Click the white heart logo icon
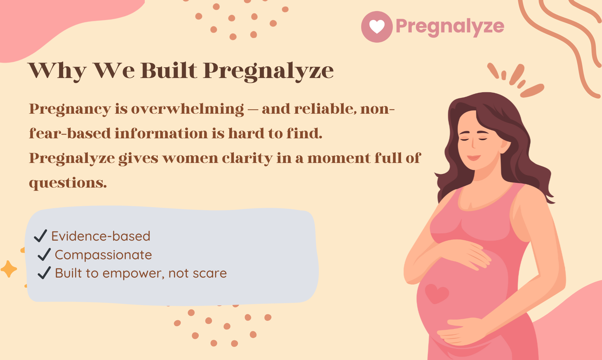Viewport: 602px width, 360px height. coord(377,27)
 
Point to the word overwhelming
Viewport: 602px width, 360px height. coord(187,109)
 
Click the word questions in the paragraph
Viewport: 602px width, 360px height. coord(68,183)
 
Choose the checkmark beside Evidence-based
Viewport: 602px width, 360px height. coord(40,236)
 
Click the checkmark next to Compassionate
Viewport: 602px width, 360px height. coord(44,254)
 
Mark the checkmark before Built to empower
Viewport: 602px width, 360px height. coord(44,273)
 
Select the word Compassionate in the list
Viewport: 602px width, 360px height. coord(103,255)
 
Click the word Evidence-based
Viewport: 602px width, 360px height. coord(101,236)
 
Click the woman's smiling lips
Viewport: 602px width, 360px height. coord(474,157)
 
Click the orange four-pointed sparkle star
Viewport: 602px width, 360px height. coord(9,269)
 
